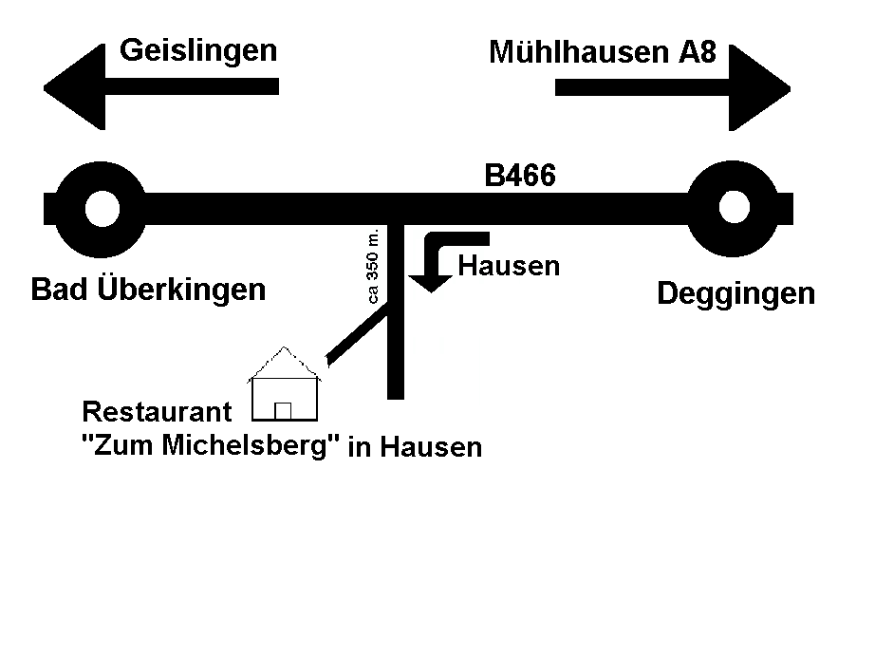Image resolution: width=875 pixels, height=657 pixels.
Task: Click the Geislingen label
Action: (x=198, y=49)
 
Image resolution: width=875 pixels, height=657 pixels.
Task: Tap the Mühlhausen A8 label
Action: (x=602, y=52)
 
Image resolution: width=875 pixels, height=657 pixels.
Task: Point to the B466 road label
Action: (x=519, y=176)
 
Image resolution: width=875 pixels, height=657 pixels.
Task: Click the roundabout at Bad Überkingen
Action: (x=100, y=208)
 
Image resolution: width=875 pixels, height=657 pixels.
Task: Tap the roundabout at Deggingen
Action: (x=735, y=208)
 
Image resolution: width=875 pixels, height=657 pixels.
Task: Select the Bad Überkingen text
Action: (x=148, y=290)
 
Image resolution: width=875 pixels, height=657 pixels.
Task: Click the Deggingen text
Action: (x=735, y=294)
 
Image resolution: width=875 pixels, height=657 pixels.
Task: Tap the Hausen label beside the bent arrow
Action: (x=509, y=266)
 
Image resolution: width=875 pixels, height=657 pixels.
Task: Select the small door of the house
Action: (x=282, y=410)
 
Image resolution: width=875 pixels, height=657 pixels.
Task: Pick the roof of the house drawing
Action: (x=284, y=362)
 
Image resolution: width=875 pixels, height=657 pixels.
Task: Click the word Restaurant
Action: (x=157, y=412)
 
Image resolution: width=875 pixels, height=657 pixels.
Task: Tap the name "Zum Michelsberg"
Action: (x=211, y=445)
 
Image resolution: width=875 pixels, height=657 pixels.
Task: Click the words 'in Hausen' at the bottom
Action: (x=415, y=447)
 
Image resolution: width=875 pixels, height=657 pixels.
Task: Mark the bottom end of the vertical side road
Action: (x=396, y=391)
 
